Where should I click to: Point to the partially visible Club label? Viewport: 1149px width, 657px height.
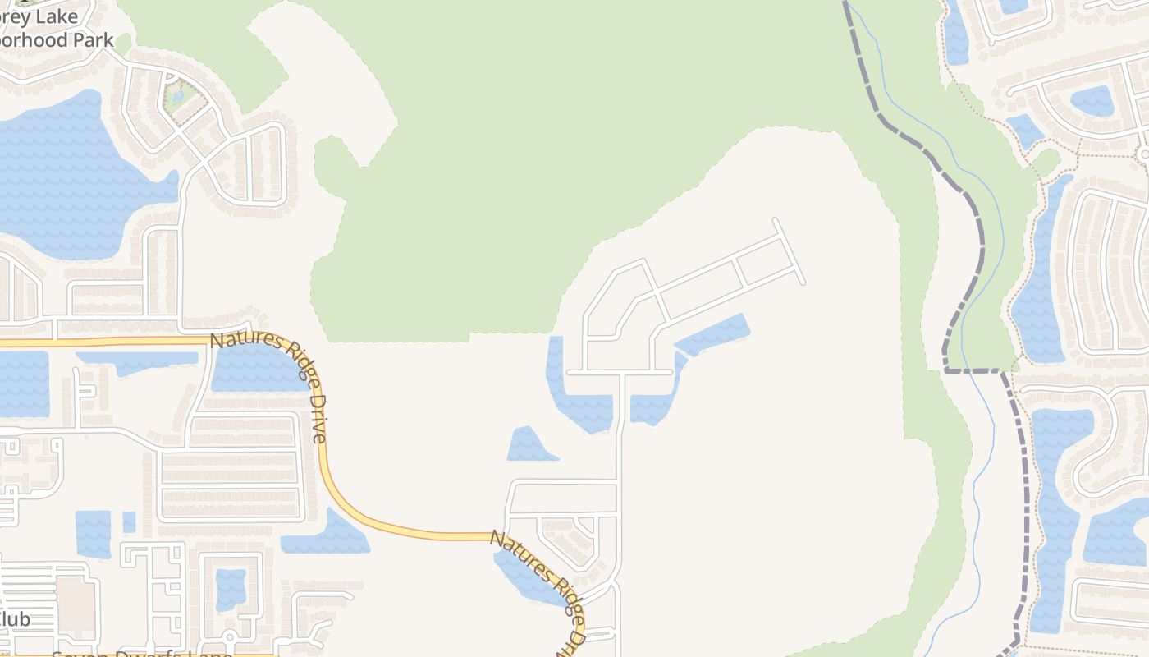click(x=15, y=618)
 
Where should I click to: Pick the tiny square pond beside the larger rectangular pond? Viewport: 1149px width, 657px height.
click(x=129, y=521)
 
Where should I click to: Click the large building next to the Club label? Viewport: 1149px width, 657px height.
click(x=76, y=604)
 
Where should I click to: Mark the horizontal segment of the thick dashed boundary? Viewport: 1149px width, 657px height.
click(x=973, y=370)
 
